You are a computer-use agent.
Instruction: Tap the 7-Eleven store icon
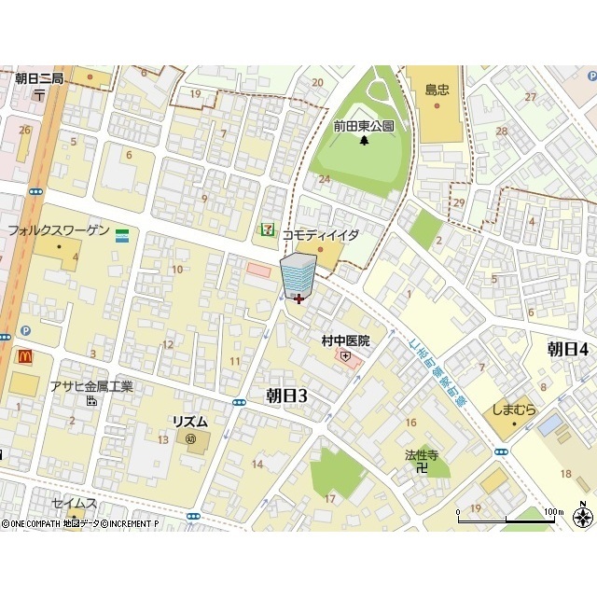click(x=269, y=229)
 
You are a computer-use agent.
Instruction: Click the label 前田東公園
click(x=364, y=126)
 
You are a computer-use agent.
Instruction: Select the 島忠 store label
click(x=438, y=90)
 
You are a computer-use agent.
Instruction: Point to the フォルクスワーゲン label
click(x=58, y=230)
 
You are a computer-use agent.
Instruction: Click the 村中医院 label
click(x=345, y=340)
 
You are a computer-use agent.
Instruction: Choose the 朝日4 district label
click(x=567, y=349)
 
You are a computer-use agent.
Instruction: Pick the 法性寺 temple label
click(x=422, y=455)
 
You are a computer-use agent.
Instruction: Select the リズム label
click(x=189, y=422)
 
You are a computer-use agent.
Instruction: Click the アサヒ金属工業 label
click(x=91, y=387)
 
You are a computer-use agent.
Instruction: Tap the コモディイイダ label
click(x=321, y=235)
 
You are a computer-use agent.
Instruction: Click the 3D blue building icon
click(x=298, y=274)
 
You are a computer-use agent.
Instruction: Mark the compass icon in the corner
click(x=584, y=518)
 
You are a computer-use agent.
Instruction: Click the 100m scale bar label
click(x=554, y=511)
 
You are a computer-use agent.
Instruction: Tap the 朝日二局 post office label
click(x=38, y=79)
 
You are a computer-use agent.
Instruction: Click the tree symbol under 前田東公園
click(x=364, y=141)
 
